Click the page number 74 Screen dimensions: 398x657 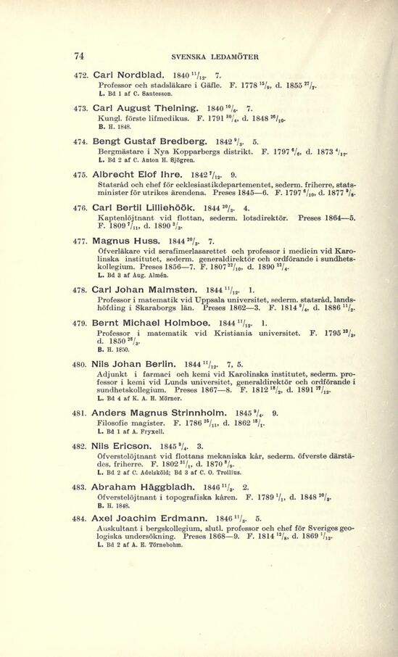(x=80, y=54)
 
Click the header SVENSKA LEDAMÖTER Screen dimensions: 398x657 (x=204, y=55)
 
